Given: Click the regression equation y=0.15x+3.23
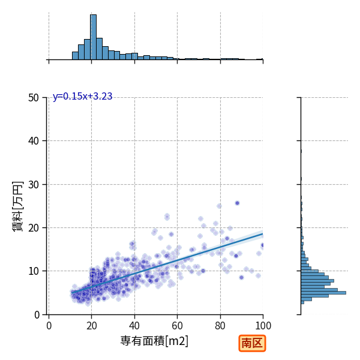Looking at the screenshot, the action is (82, 97).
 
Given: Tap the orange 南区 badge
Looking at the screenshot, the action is (252, 343).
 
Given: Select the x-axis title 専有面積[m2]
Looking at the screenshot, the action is (154, 341).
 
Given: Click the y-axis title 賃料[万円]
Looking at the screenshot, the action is (17, 206).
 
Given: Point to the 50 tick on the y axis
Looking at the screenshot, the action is (34, 98).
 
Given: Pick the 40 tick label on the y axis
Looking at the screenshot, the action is (34, 141).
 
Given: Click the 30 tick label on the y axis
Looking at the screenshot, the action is (34, 185).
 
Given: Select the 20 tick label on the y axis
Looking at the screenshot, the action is (34, 228).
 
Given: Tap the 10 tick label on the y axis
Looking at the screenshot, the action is (34, 271).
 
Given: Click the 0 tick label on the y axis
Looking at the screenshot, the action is (37, 315).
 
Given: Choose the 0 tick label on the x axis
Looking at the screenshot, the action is (49, 326).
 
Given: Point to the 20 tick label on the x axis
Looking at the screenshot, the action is (92, 326).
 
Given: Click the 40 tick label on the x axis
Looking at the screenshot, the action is (134, 326).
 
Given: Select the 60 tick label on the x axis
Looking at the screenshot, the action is (177, 326).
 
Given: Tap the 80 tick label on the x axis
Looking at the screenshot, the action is (220, 326).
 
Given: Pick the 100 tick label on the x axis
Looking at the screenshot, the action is (263, 326).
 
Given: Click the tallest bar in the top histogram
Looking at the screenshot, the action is (93, 37).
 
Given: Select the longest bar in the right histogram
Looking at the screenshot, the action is (323, 293).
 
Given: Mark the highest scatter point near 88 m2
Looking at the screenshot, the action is (238, 203).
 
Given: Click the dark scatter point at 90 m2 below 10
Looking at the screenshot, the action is (241, 278).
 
